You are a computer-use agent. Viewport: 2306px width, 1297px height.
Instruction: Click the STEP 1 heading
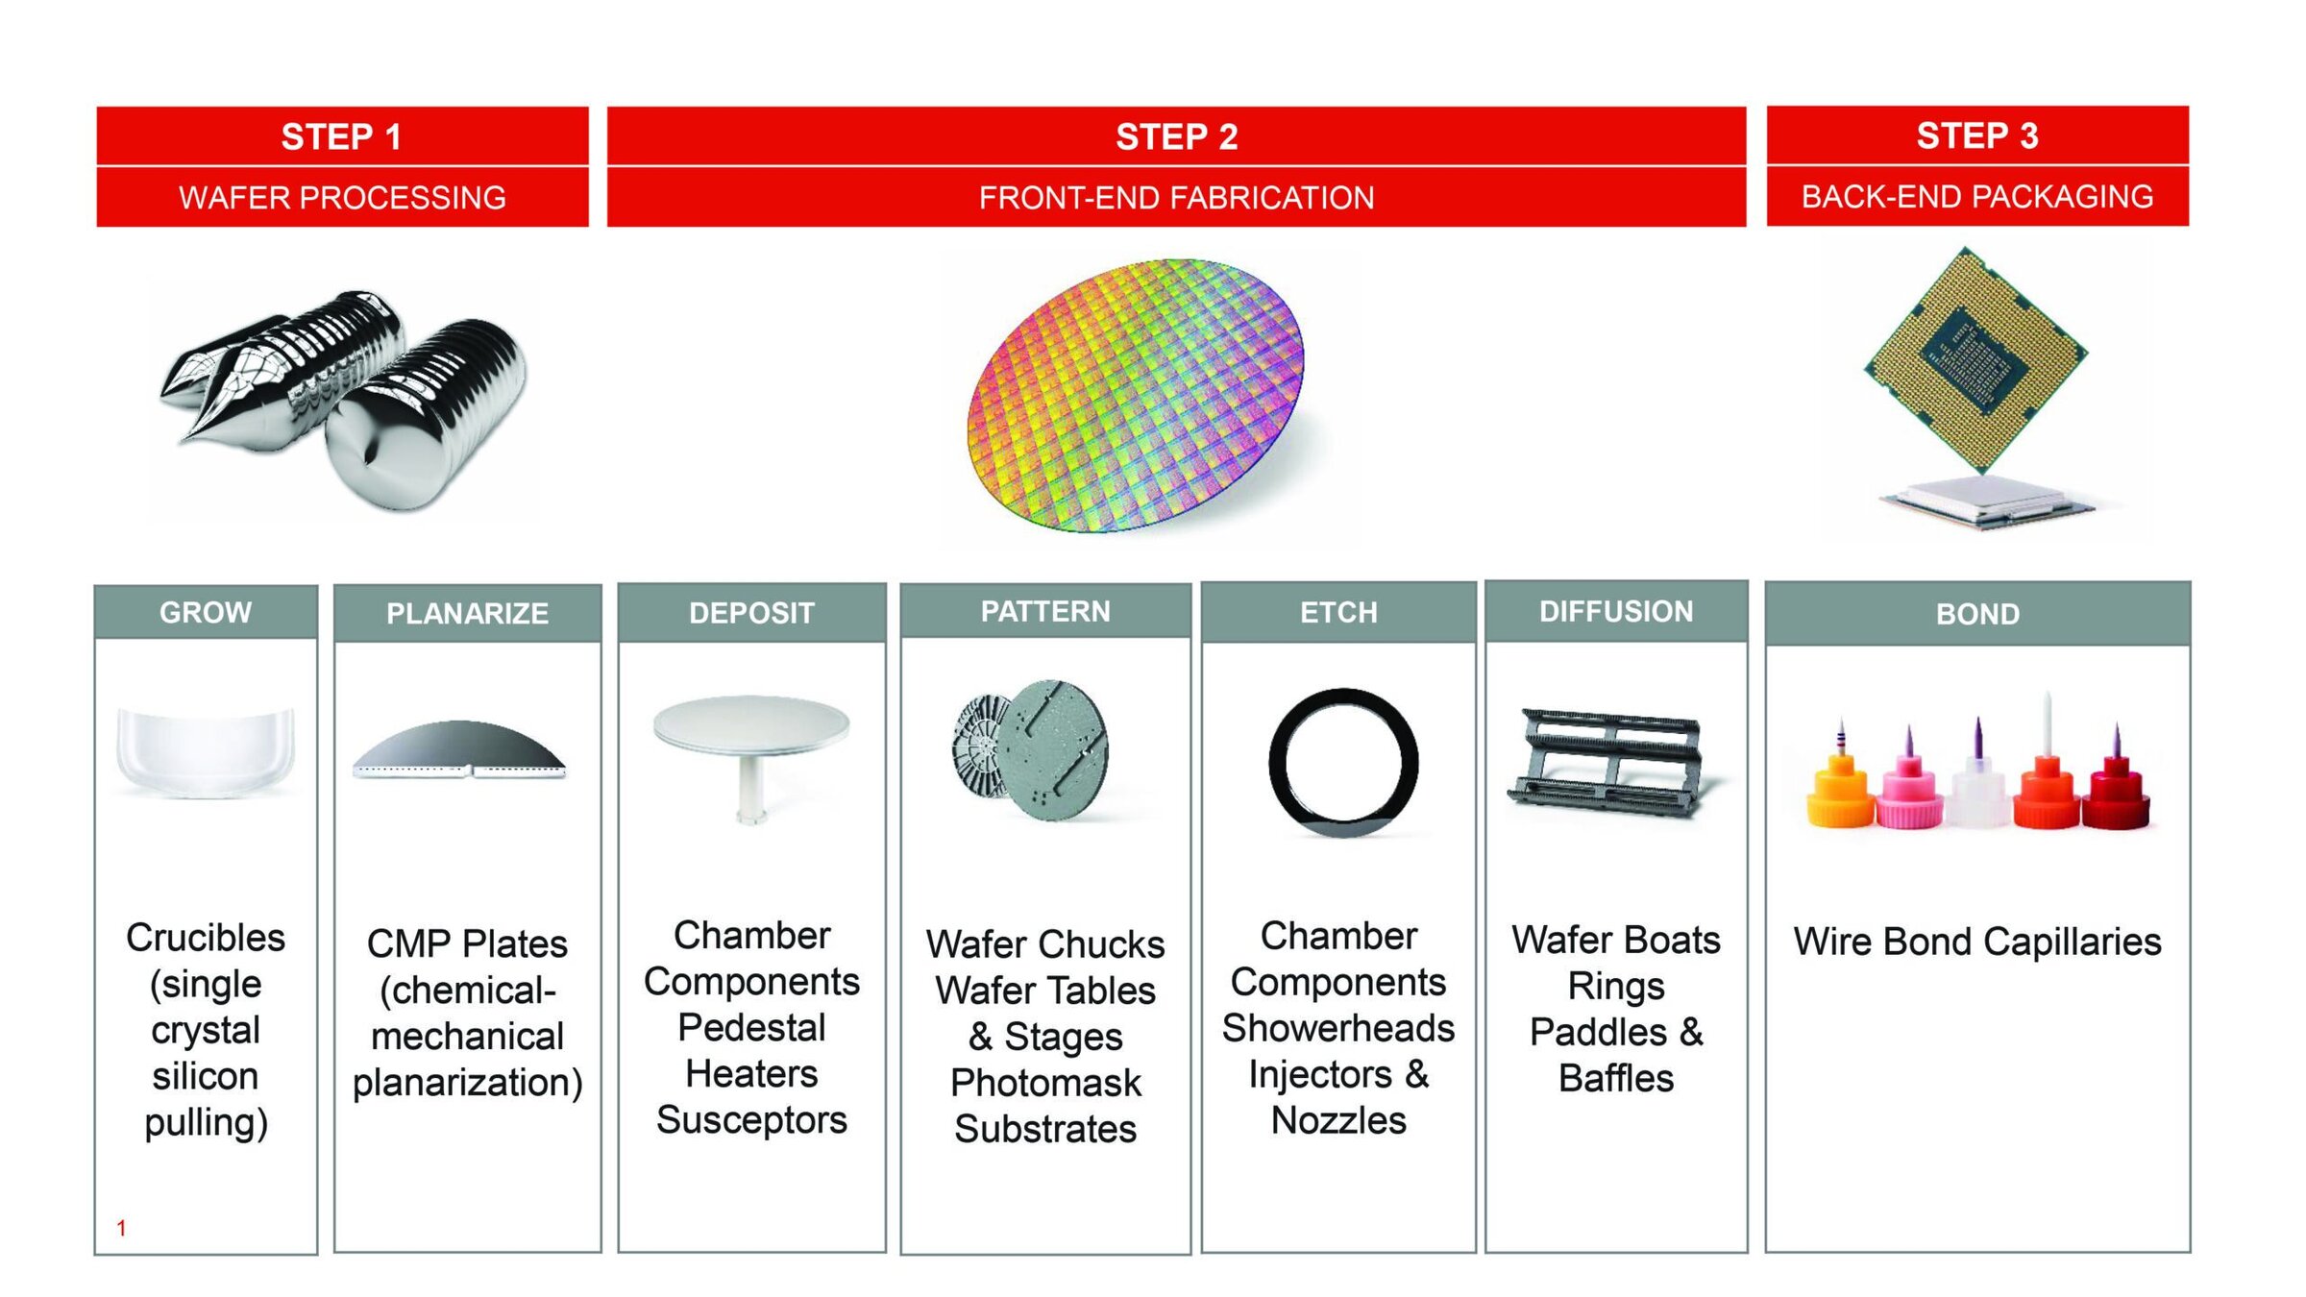point(341,136)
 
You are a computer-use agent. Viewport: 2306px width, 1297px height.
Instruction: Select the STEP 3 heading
point(1977,135)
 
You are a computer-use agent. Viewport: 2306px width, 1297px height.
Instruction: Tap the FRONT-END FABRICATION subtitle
point(1176,198)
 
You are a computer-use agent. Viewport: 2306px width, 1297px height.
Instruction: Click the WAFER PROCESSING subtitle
point(342,197)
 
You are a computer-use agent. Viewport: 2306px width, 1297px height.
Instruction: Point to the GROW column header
point(206,612)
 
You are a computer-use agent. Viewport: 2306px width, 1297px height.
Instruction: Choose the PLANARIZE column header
point(468,613)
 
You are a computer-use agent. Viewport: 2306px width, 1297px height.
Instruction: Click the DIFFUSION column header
point(1616,611)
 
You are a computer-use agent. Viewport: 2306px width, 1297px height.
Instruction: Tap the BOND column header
point(1977,614)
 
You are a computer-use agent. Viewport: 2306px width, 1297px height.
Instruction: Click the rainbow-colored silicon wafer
point(1136,395)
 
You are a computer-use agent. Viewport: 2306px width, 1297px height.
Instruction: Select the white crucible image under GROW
point(206,752)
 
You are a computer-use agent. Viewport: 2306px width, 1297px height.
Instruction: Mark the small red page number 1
point(121,1228)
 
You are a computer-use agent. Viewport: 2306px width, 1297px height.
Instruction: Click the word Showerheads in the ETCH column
point(1338,1028)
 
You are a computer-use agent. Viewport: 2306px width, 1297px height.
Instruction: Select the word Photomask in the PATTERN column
point(1045,1083)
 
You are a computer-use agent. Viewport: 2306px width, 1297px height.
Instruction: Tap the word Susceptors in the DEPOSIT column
point(751,1120)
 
